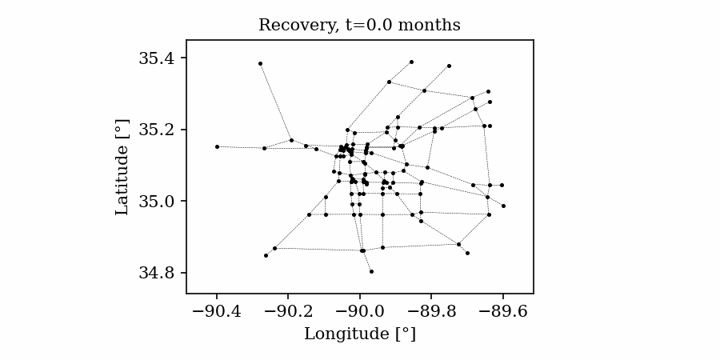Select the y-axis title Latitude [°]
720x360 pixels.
pyautogui.click(x=122, y=166)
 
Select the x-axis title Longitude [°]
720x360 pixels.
pyautogui.click(x=360, y=334)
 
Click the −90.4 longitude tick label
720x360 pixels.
pyautogui.click(x=216, y=310)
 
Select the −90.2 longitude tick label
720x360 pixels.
pyautogui.click(x=288, y=310)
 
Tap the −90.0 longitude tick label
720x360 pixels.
pyautogui.click(x=360, y=310)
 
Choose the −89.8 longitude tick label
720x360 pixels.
pyautogui.click(x=431, y=310)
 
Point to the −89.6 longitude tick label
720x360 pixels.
pyautogui.click(x=503, y=310)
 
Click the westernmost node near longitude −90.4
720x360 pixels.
pyautogui.click(x=217, y=146)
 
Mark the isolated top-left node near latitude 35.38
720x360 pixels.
pyautogui.click(x=260, y=63)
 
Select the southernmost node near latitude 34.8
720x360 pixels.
pyautogui.click(x=371, y=271)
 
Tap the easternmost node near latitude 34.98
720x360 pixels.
pyautogui.click(x=503, y=206)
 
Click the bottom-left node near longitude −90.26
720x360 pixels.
pyautogui.click(x=266, y=255)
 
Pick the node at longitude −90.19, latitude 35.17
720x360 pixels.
pyautogui.click(x=291, y=140)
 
